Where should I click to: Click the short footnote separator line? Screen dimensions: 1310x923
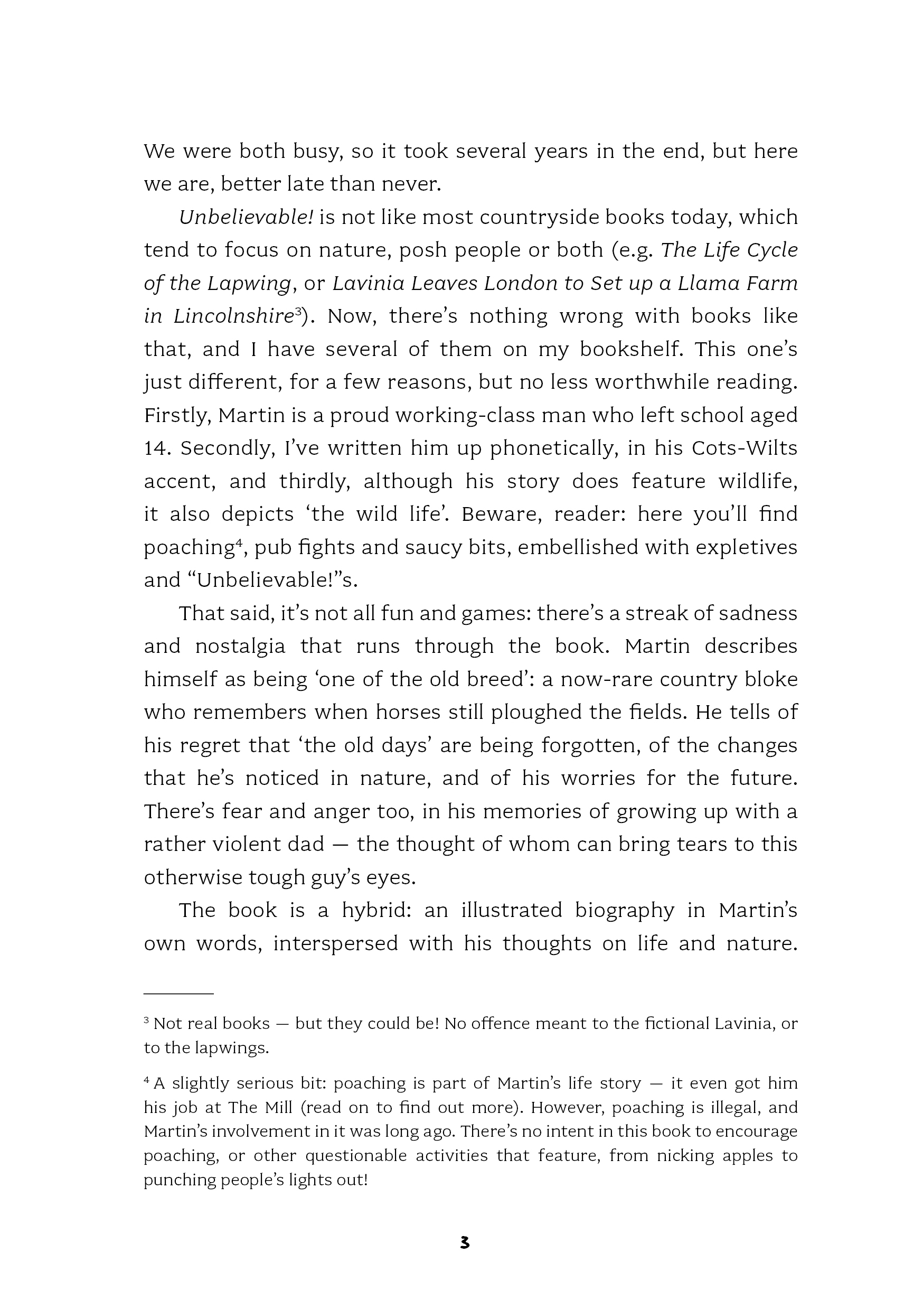178,994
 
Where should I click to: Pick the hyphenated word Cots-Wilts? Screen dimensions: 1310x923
744,448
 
